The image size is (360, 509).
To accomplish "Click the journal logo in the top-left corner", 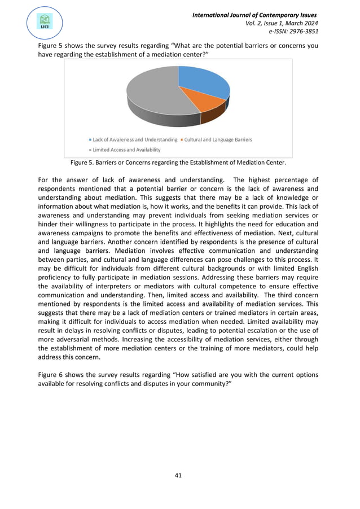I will click(44, 22).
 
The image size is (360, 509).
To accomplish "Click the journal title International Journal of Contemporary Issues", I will click(255, 14).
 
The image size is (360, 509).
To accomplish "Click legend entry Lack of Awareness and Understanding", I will click(135, 139).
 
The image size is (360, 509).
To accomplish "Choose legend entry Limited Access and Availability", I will click(126, 150).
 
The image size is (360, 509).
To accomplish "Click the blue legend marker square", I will click(90, 140).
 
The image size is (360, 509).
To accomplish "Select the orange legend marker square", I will click(182, 140).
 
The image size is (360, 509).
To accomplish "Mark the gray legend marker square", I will click(90, 150).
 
